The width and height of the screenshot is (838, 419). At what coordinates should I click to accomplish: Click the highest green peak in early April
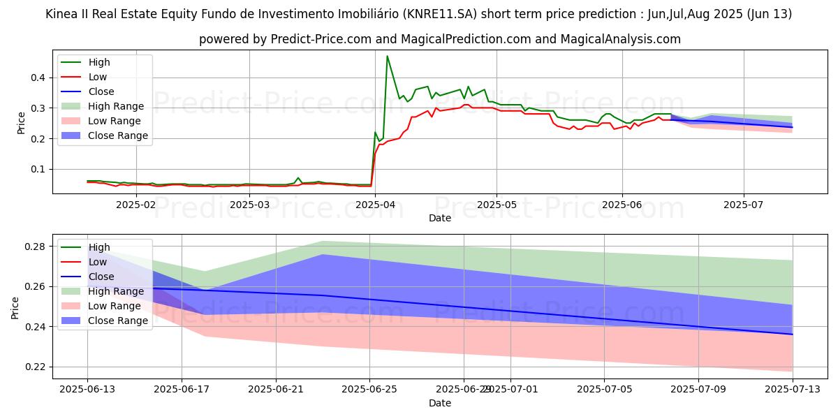coord(387,56)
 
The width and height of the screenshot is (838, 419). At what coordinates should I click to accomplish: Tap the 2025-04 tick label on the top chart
coord(375,205)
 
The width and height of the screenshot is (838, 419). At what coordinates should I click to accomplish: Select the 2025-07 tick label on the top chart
coord(744,205)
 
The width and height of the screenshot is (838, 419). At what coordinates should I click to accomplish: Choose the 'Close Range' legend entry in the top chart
coord(117,135)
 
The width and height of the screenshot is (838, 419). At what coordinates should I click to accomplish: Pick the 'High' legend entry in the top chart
coord(99,62)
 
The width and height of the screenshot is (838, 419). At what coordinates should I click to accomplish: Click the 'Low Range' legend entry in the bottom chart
coord(116,306)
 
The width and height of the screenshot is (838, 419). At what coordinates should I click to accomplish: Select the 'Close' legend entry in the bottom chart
coord(101,277)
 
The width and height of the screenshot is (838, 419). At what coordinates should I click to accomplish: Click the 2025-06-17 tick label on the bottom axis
coord(182,390)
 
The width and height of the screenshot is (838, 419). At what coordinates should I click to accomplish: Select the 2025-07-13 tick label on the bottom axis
coord(793,390)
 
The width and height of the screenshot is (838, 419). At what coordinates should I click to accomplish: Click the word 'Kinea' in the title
coord(62,14)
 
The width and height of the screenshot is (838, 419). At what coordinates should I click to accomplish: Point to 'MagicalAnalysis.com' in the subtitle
coord(622,39)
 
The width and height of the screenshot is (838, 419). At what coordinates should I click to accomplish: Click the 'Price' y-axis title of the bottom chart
coord(15,307)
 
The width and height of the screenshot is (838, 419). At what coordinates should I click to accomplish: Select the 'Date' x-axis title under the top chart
coord(440,218)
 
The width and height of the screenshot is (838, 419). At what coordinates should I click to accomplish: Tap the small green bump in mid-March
coord(298,178)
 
